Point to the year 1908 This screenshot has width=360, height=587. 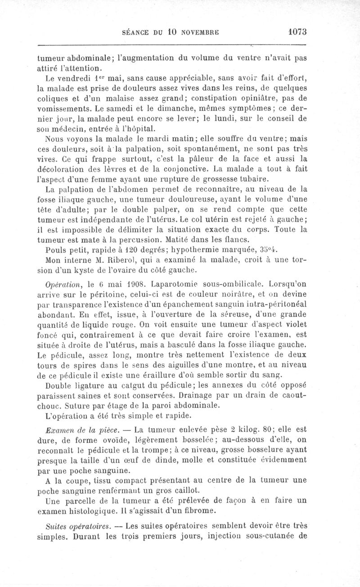134,284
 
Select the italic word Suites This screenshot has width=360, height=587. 56,525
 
